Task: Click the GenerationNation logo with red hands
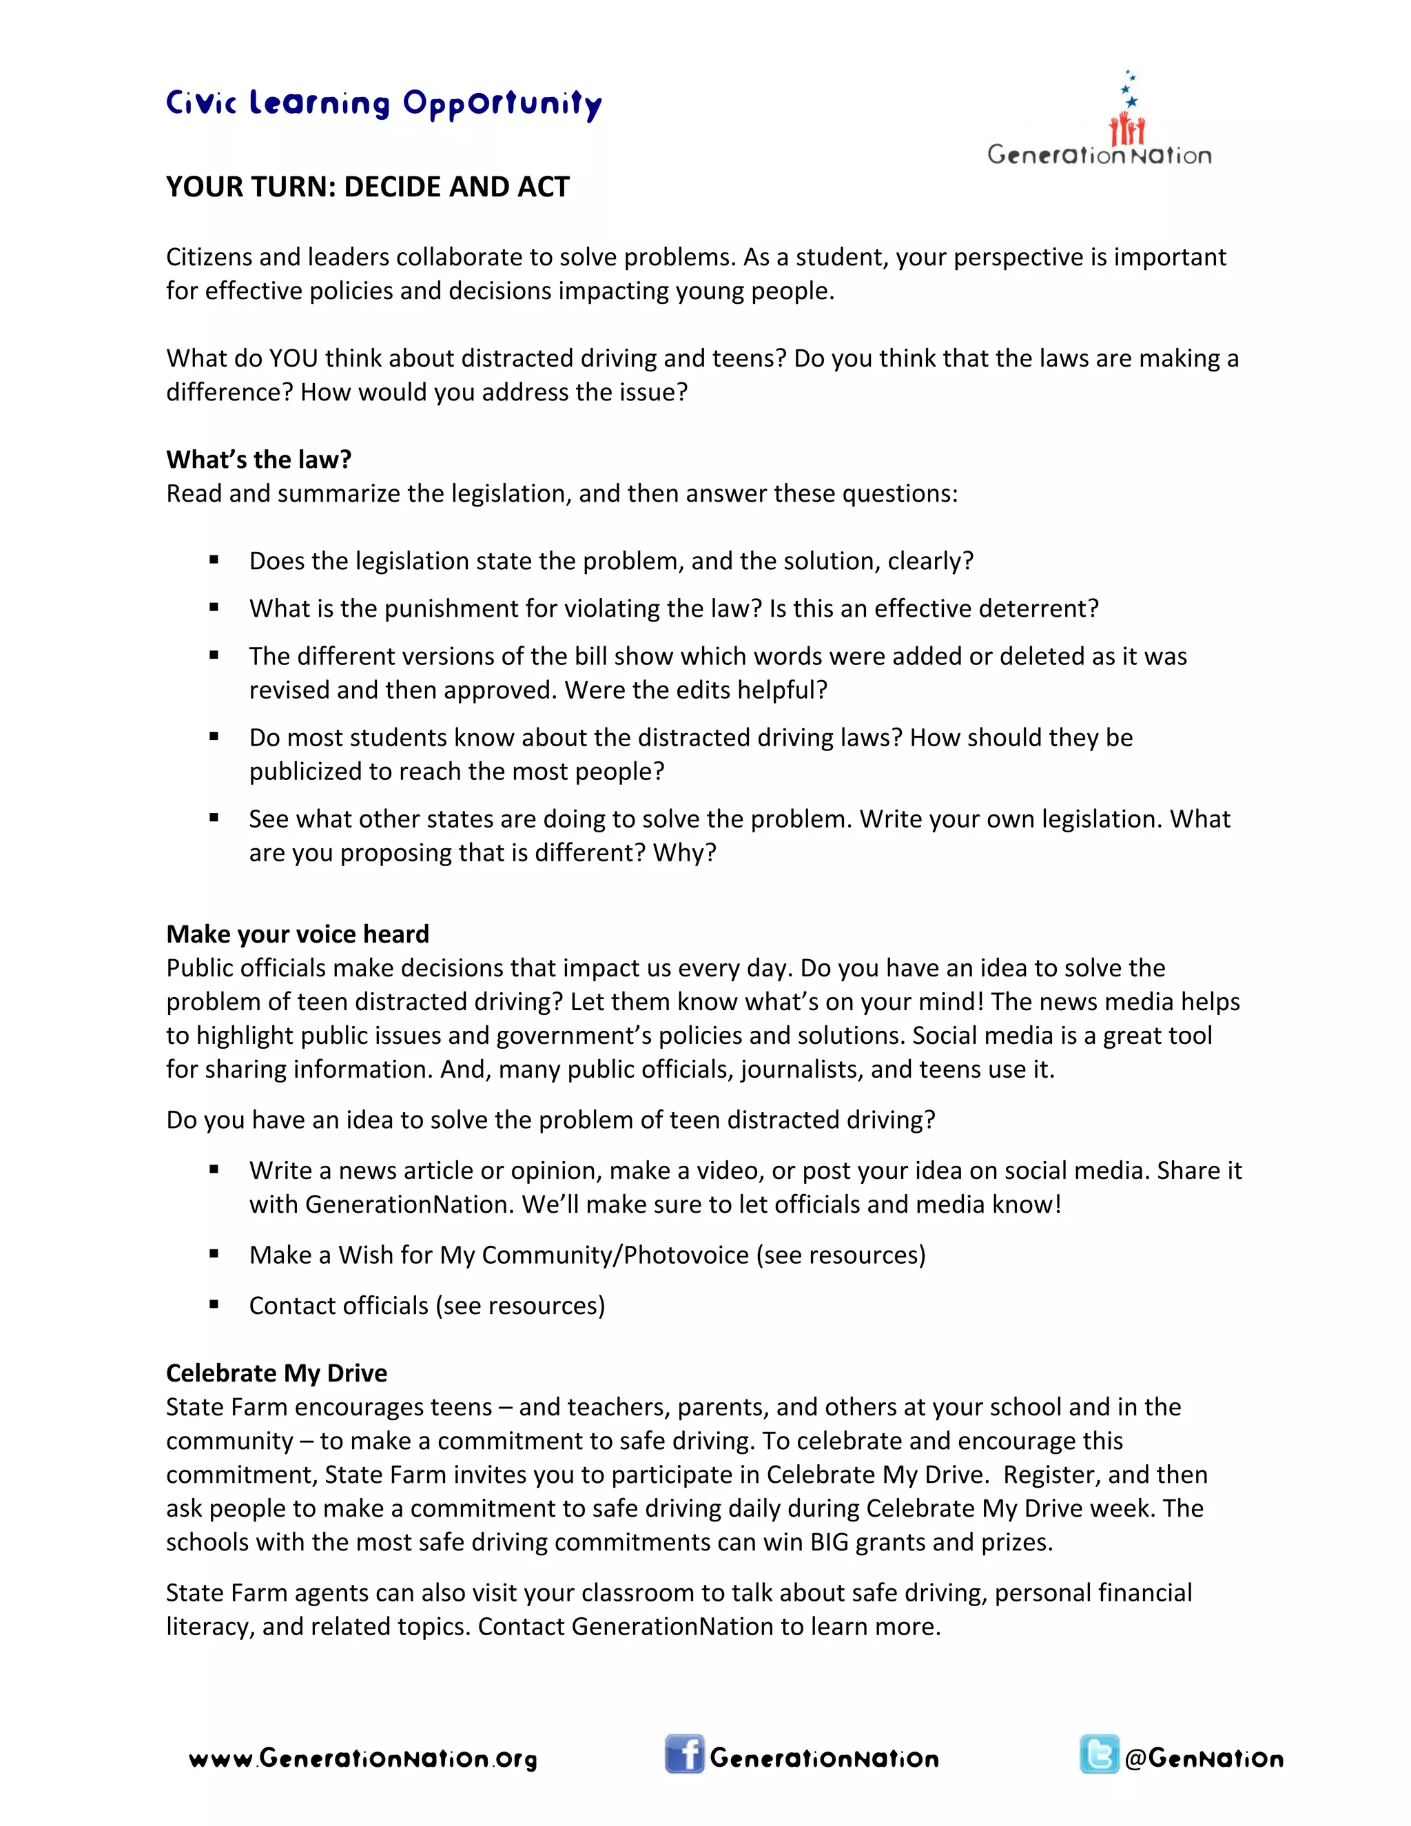click(1099, 121)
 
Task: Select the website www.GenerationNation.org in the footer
click(364, 1759)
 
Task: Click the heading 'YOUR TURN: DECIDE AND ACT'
click(368, 187)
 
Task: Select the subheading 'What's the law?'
click(258, 459)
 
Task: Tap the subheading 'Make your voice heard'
click(298, 934)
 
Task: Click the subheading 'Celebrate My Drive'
click(277, 1373)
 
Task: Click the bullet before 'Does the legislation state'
click(214, 560)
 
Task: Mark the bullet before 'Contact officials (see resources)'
click(214, 1304)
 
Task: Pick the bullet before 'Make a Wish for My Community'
click(214, 1254)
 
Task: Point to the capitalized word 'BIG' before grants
click(830, 1541)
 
